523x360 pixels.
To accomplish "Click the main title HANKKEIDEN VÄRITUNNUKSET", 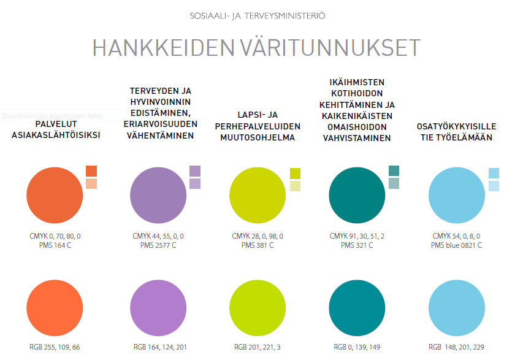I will point(256,48).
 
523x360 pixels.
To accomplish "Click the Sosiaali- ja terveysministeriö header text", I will point(258,14).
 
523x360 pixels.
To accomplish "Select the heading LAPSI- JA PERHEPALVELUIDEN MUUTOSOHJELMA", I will point(258,126).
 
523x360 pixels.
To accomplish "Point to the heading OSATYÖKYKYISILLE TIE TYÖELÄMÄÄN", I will point(456,132).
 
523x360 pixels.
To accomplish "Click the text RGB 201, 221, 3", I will point(258,347).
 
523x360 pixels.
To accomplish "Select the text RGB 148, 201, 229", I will point(456,347).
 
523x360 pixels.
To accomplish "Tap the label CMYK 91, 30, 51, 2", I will point(357,236).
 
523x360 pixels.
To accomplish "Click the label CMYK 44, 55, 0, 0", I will point(158,236).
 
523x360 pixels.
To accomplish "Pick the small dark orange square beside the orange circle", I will point(91,171).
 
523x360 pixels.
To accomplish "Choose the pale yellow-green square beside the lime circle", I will point(295,186).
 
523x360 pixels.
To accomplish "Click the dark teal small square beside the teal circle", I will point(394,170).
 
